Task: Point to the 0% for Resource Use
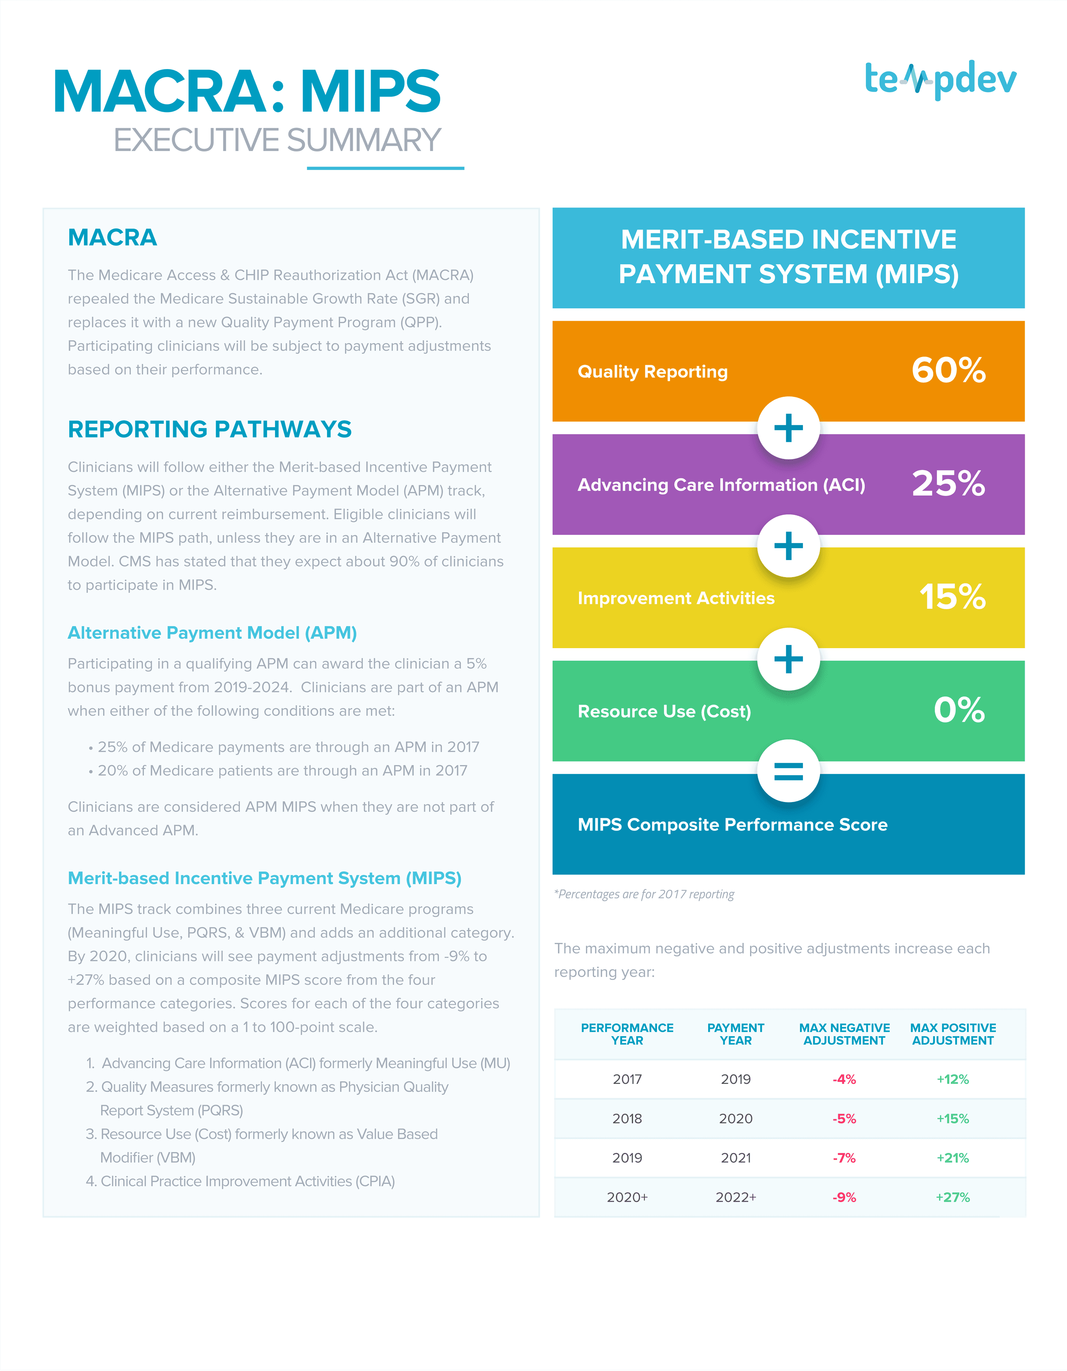tap(959, 710)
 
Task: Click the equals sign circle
tap(788, 770)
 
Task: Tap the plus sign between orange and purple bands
tap(788, 428)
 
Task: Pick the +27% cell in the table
tap(953, 1197)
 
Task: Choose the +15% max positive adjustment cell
tap(953, 1119)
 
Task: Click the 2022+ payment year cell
tap(736, 1197)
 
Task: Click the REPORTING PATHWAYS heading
tap(210, 429)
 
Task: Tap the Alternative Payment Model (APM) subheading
tap(212, 633)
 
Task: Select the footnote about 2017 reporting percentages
tap(644, 894)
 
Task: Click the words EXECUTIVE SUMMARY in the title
tap(277, 140)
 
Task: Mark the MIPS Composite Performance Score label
tap(732, 824)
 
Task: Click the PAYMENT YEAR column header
tap(735, 1034)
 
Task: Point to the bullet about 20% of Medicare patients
tap(278, 770)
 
